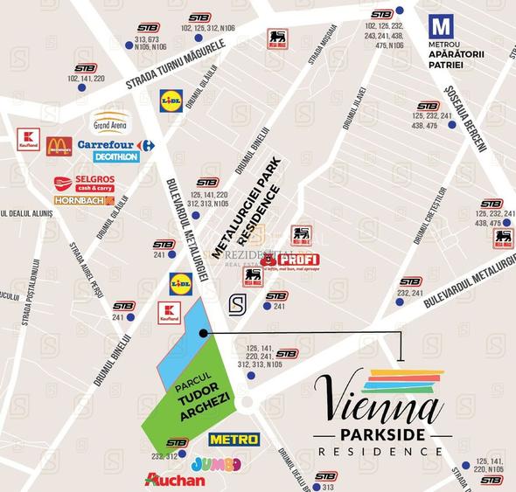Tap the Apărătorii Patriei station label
click(463, 59)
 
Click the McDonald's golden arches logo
click(59, 145)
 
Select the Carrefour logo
click(115, 144)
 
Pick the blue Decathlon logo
click(116, 157)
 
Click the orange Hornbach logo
click(84, 200)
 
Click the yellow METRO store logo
click(234, 439)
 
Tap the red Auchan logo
click(176, 479)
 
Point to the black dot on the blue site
click(203, 333)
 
